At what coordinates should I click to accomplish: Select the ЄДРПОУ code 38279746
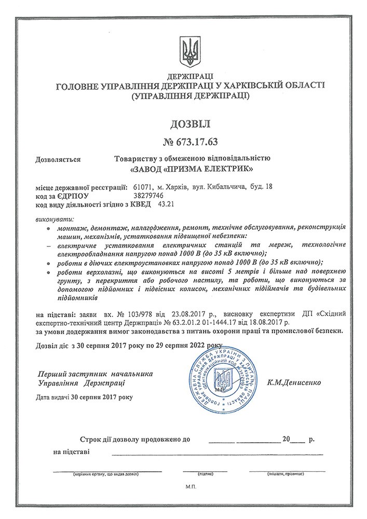[148, 196]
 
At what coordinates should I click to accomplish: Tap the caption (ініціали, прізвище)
[286, 473]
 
